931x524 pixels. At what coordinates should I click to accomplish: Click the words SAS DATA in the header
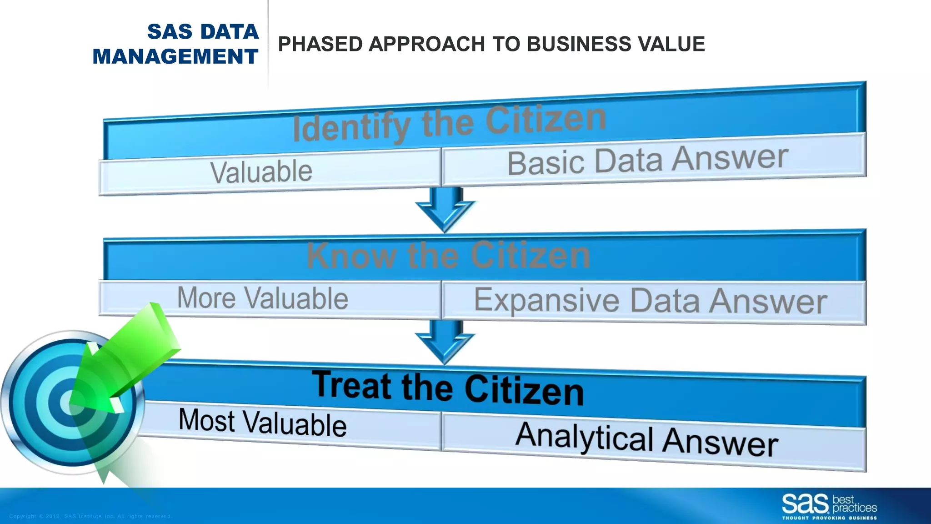pos(203,32)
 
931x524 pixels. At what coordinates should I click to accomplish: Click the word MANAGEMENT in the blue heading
pos(175,57)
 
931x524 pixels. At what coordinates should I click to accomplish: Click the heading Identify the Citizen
pos(449,123)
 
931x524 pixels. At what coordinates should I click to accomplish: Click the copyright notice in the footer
pos(90,516)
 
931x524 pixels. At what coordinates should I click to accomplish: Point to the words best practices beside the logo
pos(854,504)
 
